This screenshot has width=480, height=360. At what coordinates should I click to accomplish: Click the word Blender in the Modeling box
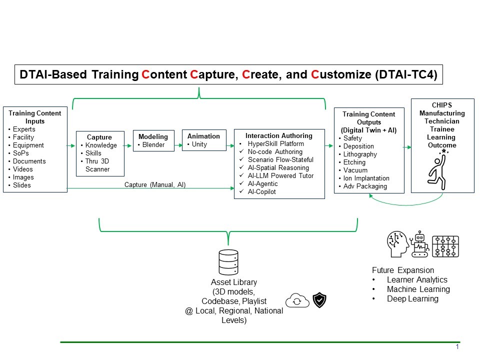[155, 144]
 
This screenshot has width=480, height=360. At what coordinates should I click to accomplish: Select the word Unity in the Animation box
[199, 144]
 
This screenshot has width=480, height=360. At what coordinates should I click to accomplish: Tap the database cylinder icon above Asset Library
[228, 262]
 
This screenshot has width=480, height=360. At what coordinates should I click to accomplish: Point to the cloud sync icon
[296, 300]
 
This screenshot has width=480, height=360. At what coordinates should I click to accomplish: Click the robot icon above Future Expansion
[419, 244]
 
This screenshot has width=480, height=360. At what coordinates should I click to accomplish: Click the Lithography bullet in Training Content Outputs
[360, 154]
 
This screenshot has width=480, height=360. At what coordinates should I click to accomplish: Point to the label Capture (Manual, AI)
[155, 185]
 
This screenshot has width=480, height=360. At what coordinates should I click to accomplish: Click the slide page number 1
[457, 347]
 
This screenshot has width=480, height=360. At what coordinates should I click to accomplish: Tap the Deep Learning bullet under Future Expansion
[412, 299]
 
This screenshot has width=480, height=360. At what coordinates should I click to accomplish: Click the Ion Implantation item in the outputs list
[367, 178]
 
